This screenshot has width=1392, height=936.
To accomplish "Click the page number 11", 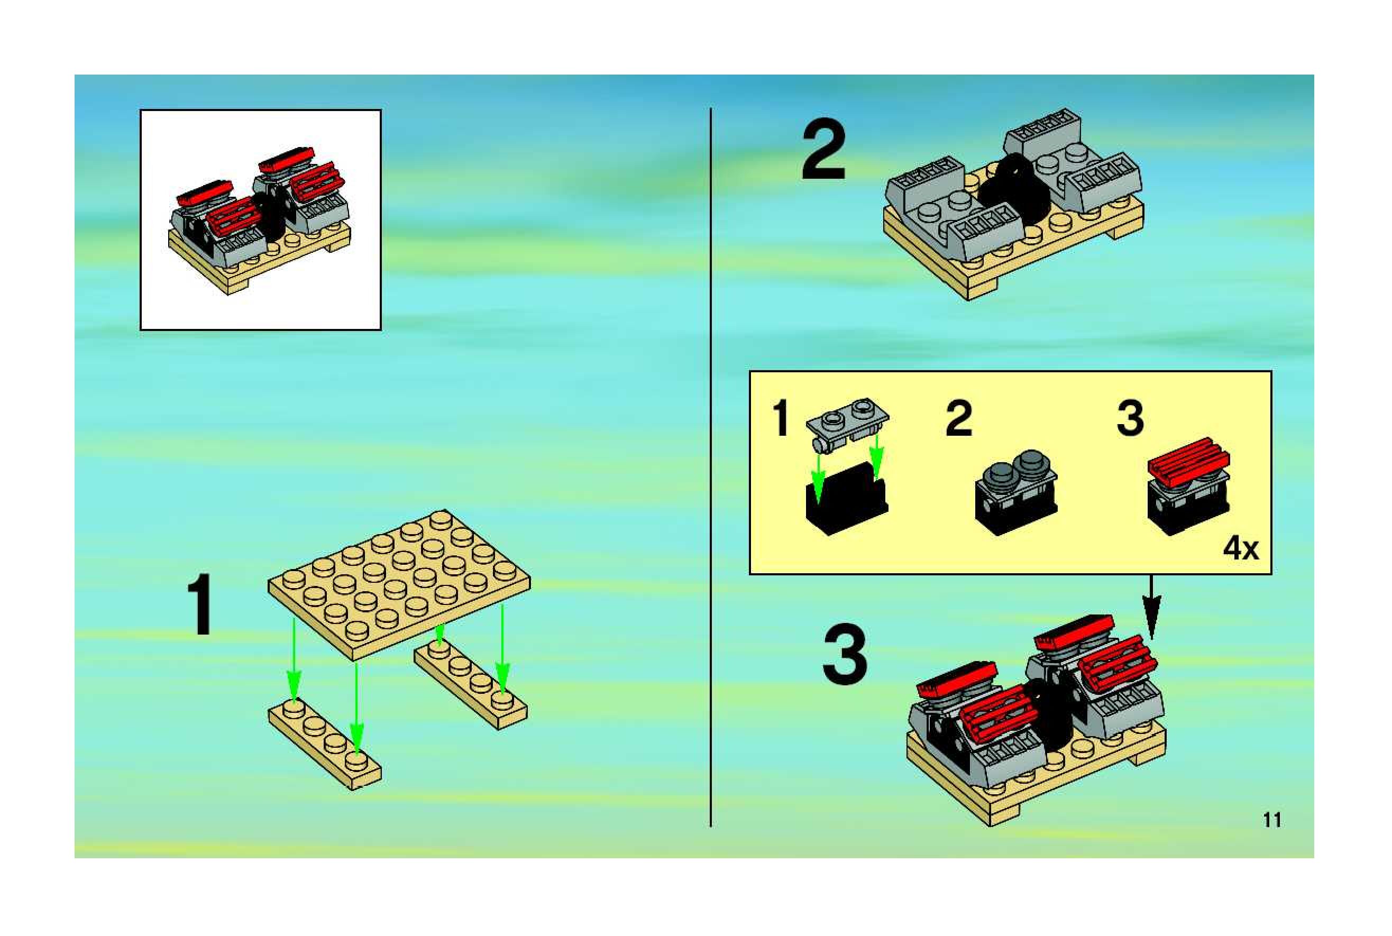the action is (x=1272, y=820).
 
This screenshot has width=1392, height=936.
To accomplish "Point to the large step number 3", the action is (x=845, y=654).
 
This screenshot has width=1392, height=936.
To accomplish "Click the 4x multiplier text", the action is (x=1240, y=548).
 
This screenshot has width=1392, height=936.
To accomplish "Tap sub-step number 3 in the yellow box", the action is (x=1130, y=418).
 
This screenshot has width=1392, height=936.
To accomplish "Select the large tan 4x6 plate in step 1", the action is (x=399, y=579).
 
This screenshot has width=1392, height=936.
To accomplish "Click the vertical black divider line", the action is (x=710, y=465).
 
